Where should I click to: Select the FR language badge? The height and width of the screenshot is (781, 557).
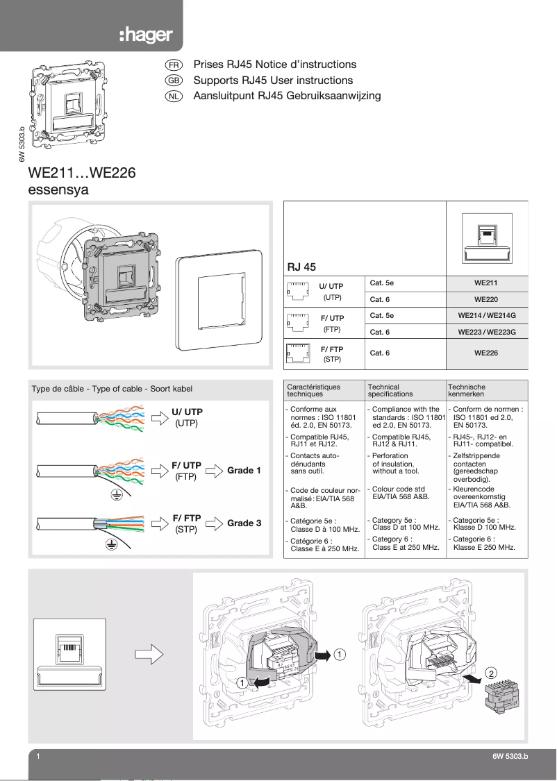point(174,65)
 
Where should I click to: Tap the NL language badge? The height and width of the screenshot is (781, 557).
point(174,96)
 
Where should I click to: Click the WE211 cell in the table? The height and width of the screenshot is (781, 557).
point(485,283)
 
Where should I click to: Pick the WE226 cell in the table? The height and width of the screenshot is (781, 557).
point(485,353)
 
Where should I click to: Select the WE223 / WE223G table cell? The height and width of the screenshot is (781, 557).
point(485,332)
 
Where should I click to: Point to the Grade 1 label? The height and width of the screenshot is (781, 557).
point(244,470)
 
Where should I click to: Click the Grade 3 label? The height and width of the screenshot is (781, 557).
point(244,523)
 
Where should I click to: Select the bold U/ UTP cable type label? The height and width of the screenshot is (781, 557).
point(187,412)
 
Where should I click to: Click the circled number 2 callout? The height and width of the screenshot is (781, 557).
point(490,673)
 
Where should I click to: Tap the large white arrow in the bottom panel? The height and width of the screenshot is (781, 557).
point(147,653)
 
